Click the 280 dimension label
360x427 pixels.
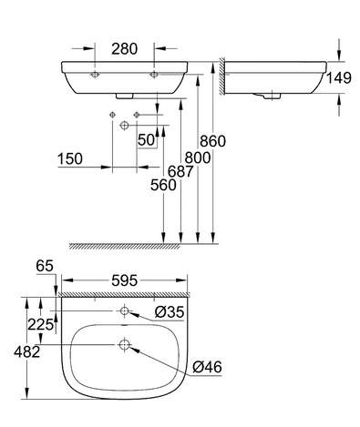tap(124, 49)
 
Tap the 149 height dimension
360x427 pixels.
tap(339, 78)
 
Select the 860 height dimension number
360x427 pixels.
tap(212, 141)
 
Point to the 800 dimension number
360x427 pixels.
tap(198, 158)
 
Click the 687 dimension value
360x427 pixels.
tap(180, 172)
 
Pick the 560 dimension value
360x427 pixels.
tap(163, 185)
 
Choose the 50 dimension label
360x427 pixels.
tap(147, 140)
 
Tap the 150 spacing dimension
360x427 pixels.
tap(70, 158)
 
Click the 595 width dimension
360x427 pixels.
tap(125, 280)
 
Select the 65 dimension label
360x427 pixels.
tap(45, 266)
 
